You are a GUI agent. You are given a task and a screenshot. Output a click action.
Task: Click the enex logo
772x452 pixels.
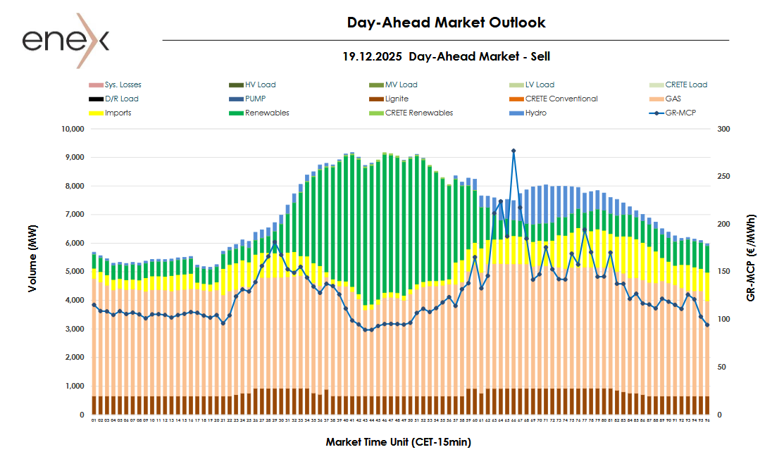pos(66,40)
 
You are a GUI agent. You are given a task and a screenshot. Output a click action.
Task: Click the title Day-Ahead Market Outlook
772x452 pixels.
pos(446,23)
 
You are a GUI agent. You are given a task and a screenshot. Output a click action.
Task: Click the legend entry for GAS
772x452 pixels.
pos(673,99)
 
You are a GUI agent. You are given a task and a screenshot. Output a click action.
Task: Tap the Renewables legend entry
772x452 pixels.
pos(267,113)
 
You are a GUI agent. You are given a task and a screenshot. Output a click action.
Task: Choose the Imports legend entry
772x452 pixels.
pos(118,113)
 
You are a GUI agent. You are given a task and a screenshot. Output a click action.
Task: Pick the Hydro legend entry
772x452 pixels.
pos(536,113)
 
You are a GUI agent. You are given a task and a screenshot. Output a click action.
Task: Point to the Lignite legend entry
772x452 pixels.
pos(397,99)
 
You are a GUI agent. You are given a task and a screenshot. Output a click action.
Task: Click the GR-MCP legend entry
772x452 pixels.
pos(680,113)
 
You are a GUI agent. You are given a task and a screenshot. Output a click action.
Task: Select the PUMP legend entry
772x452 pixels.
pos(256,99)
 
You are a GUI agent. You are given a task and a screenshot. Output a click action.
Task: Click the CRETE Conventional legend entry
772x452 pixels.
pos(561,99)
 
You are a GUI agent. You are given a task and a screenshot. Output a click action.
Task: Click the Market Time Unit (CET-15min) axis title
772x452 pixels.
pos(398,442)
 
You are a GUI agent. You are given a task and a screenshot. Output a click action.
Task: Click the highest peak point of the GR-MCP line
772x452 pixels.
pos(513,151)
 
